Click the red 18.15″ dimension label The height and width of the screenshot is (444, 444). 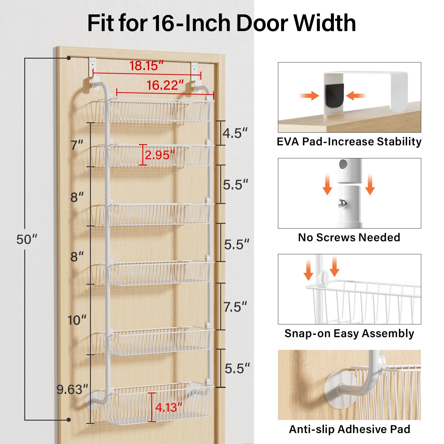click(147, 66)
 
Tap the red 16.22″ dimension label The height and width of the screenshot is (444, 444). click(165, 85)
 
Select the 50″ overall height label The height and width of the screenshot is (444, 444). click(27, 239)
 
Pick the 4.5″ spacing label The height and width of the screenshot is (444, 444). click(235, 133)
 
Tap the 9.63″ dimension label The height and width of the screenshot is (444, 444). click(73, 390)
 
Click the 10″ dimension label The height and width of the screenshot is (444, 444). click(77, 320)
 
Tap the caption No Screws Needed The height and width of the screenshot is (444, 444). click(349, 237)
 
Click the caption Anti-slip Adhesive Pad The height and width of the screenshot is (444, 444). click(350, 429)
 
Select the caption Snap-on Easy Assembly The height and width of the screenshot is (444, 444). click(349, 334)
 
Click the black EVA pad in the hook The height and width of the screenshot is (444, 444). click(334, 95)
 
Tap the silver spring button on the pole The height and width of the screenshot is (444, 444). click(343, 204)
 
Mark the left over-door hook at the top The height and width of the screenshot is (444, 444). click(93, 73)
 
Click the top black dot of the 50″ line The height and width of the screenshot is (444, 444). click(69, 58)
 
